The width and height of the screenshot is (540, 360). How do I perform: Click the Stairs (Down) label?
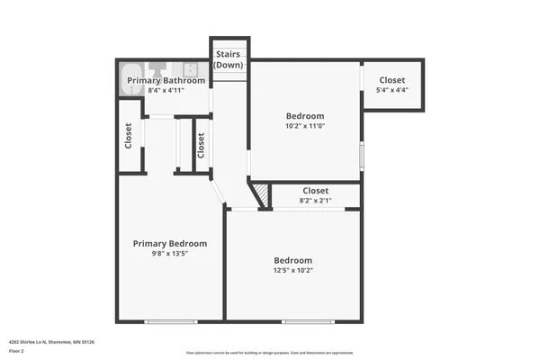coord(227,59)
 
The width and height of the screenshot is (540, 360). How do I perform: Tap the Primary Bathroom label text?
coord(166,81)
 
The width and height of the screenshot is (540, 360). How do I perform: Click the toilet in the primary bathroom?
coord(158,67)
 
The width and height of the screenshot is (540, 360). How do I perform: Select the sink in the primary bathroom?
coord(191,68)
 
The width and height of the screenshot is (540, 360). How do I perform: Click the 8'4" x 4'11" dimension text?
coord(166,90)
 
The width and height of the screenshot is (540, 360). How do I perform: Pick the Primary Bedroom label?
coord(170,243)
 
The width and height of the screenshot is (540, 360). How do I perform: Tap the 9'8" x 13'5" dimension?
coord(170,253)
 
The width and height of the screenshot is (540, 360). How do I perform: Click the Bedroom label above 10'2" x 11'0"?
coord(305,116)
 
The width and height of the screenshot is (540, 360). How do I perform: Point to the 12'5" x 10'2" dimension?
coord(293,270)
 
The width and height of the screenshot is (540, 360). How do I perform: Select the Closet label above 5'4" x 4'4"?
coord(391,80)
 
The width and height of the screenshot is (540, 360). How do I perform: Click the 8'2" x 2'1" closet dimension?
coord(315,201)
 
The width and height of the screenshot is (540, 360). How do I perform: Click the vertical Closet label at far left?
coord(129,137)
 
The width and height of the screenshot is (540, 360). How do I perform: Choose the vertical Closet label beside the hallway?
coord(201,144)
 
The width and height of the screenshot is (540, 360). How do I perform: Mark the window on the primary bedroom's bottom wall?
coord(170,321)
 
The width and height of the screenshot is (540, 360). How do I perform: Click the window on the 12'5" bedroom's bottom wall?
coord(308,321)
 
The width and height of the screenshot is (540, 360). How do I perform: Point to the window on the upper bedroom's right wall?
coord(361,155)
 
